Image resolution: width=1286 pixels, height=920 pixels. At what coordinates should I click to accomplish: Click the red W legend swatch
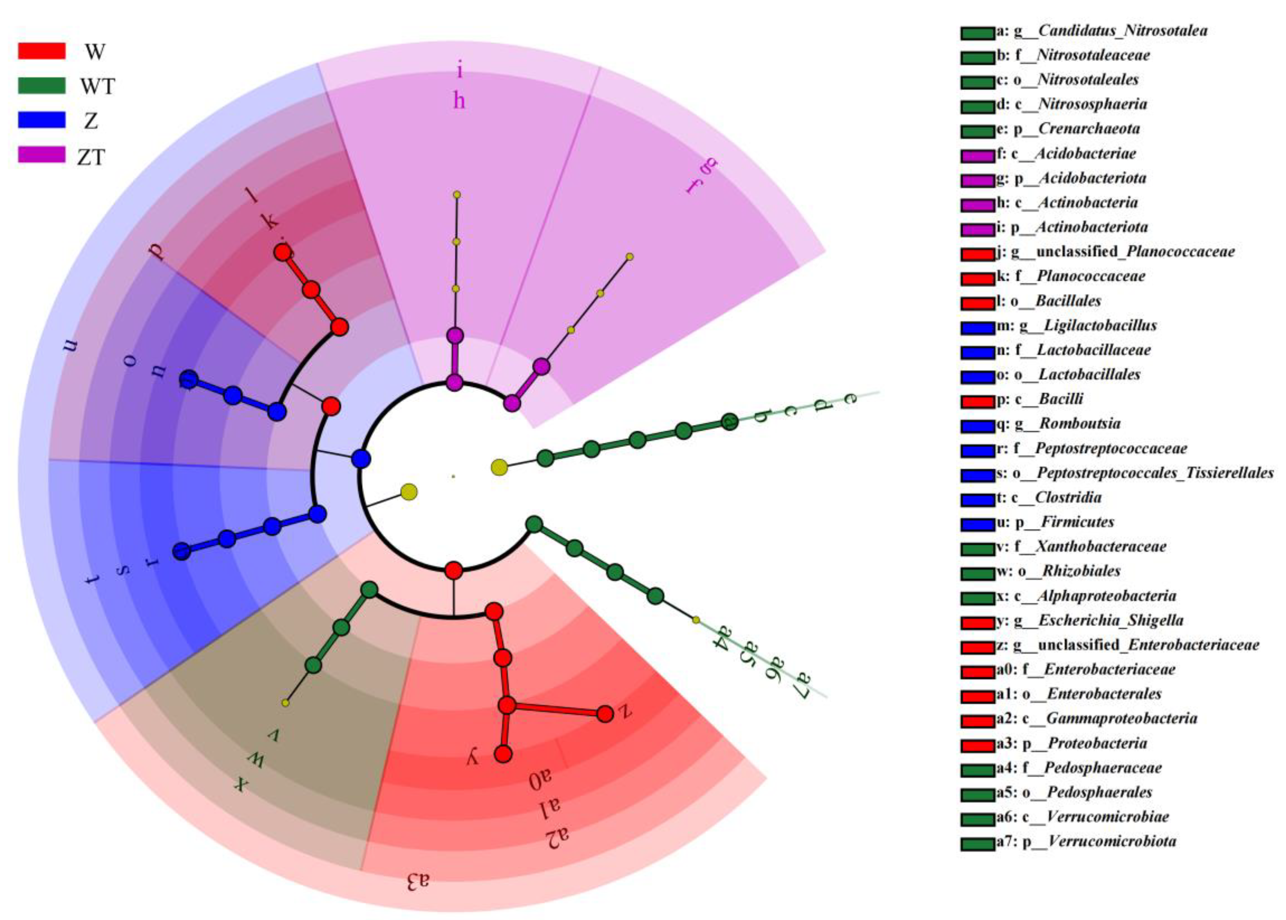pyautogui.click(x=41, y=51)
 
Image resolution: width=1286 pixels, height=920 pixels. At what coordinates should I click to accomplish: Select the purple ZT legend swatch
pyautogui.click(x=41, y=154)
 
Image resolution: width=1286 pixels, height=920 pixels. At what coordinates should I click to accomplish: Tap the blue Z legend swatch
pyautogui.click(x=41, y=120)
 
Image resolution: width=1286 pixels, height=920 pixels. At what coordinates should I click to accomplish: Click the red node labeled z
pyautogui.click(x=605, y=714)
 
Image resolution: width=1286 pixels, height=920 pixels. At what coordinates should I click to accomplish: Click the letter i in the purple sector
pyautogui.click(x=459, y=71)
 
